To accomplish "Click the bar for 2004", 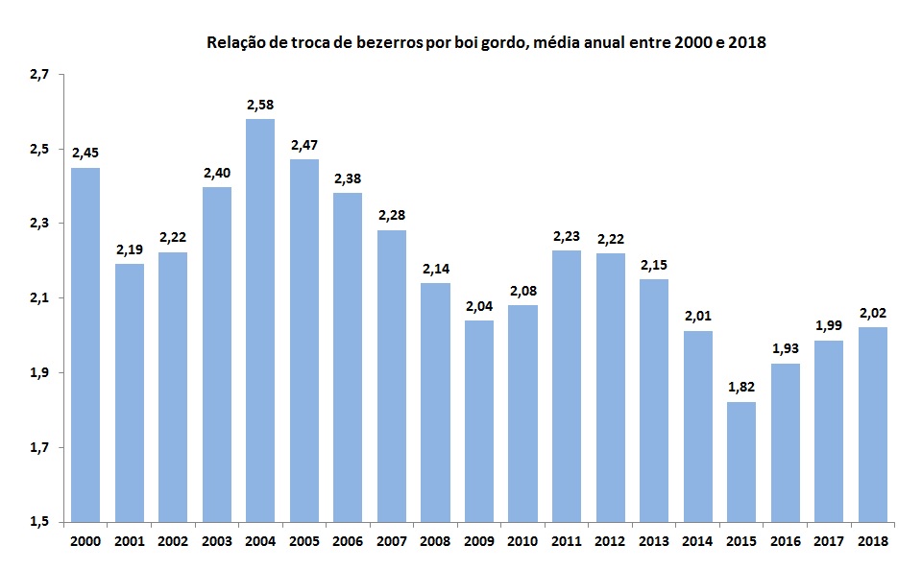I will point(260,320).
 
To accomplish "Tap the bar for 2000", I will point(85,345).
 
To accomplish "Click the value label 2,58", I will point(260,103).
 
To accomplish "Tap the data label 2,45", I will point(85,152).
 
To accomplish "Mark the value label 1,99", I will point(828,324).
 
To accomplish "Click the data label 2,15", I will point(653,263).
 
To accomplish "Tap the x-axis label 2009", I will point(478,540).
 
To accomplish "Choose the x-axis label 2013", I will point(653,540).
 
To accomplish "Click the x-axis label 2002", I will point(173,540).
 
